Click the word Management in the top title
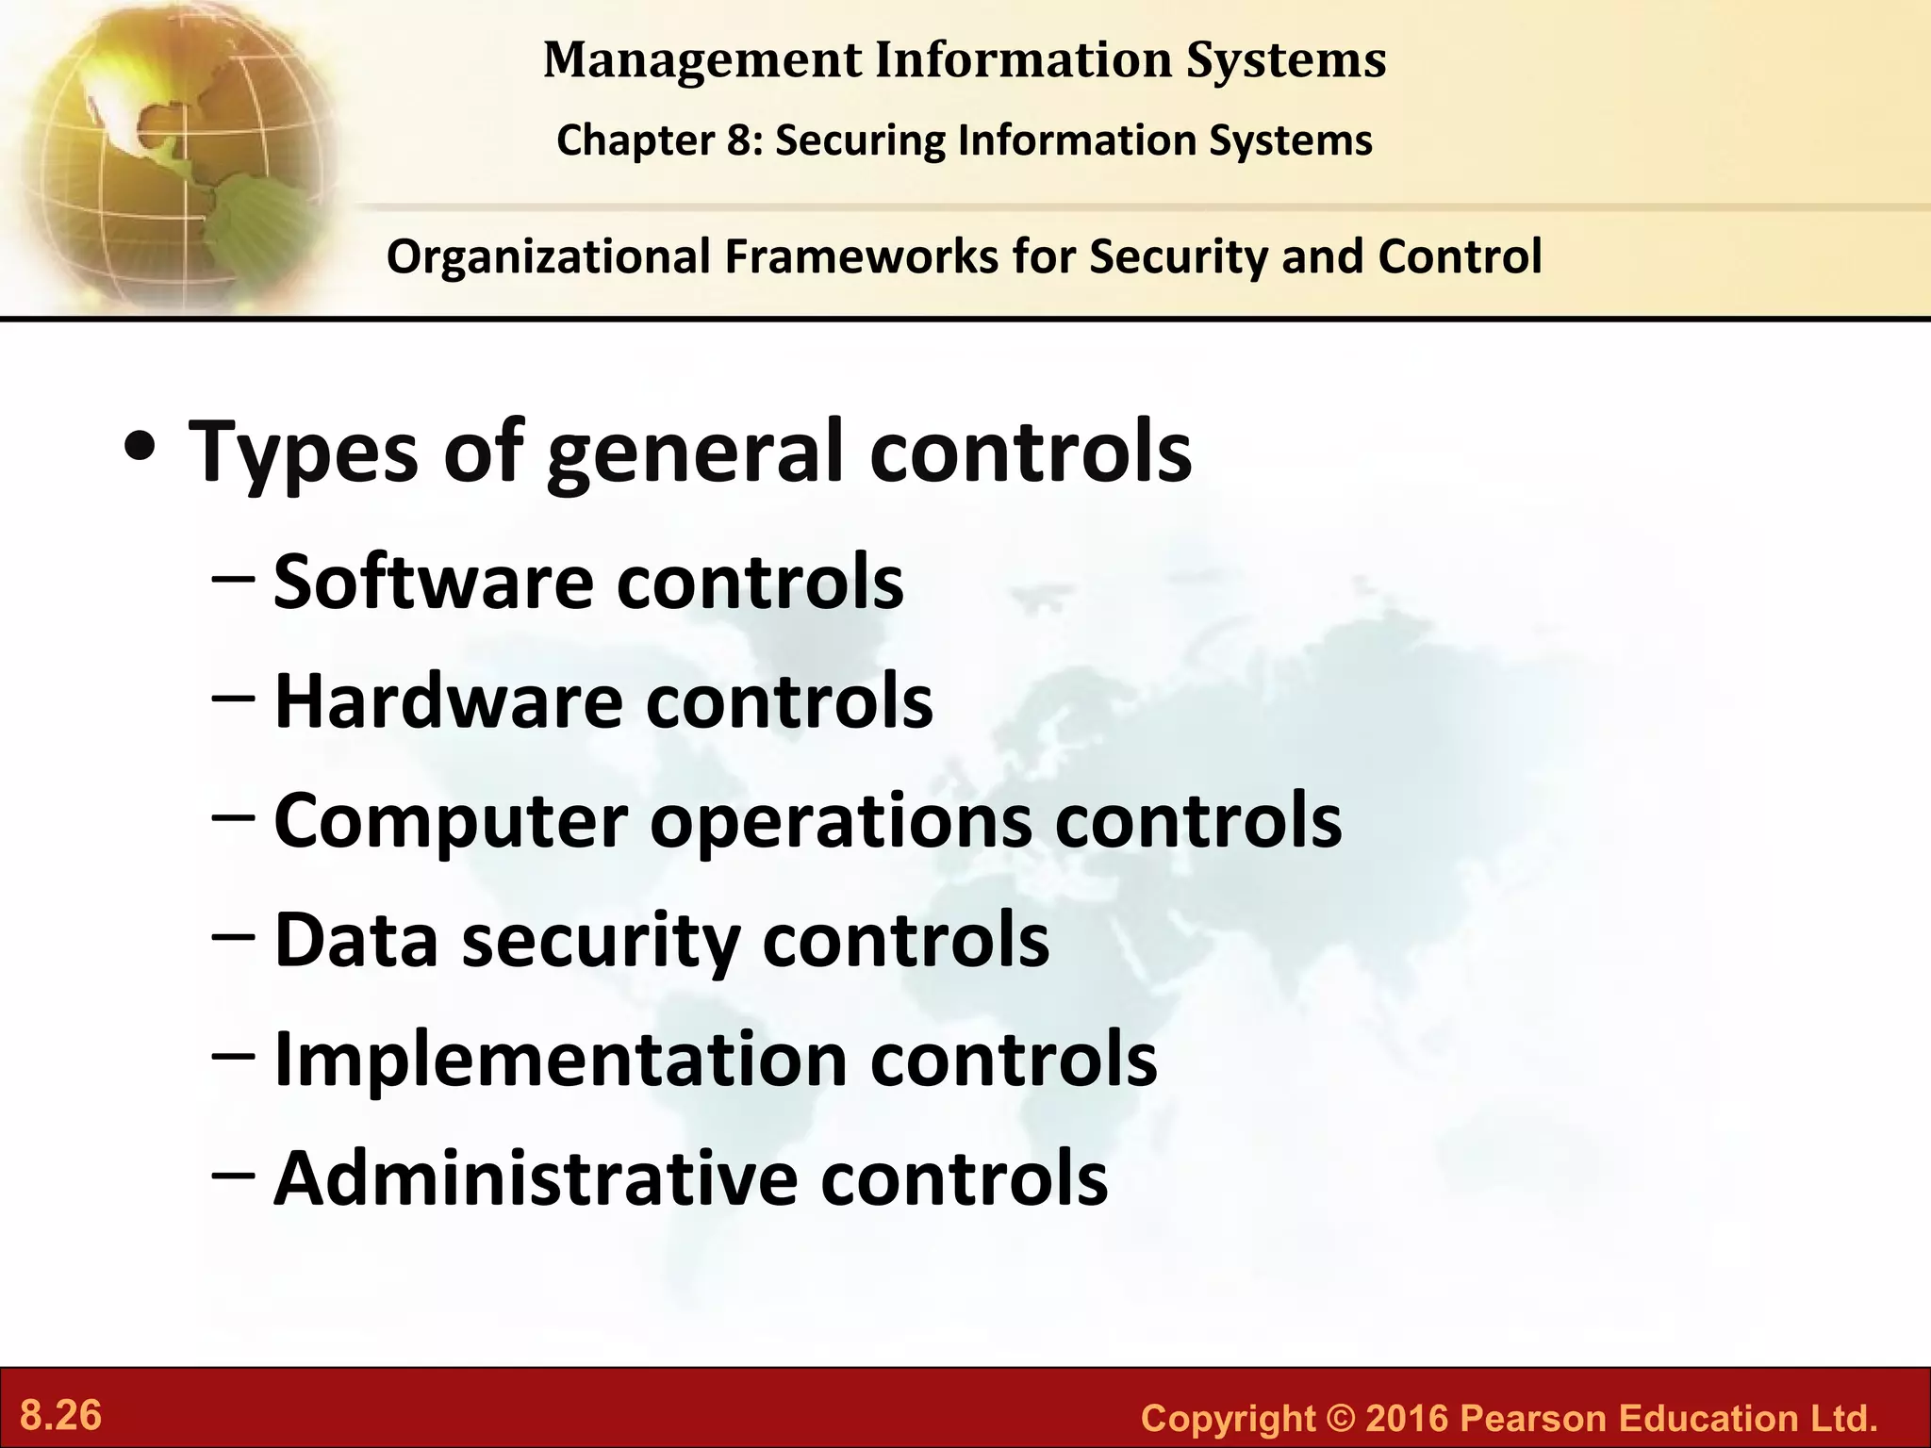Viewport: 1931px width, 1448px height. tap(702, 61)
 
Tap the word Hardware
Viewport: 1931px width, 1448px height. tap(449, 701)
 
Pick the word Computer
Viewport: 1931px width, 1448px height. tap(451, 820)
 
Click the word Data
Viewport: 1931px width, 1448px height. tap(356, 940)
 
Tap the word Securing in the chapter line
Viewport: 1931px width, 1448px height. tap(860, 141)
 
